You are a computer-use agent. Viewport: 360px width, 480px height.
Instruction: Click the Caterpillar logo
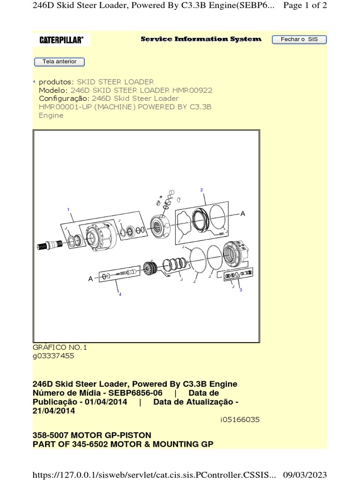point(61,40)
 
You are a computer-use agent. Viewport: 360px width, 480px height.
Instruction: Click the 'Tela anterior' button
point(59,62)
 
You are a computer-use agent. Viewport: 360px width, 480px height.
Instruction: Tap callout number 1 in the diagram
point(68,209)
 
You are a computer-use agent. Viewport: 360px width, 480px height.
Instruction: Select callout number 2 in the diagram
point(202,190)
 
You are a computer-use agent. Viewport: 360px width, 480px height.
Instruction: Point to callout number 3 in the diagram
point(241,290)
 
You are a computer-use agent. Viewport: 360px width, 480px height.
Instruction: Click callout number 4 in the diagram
point(120,294)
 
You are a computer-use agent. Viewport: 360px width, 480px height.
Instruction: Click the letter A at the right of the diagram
point(243,214)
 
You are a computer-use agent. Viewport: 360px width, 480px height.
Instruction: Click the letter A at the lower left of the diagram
point(91,278)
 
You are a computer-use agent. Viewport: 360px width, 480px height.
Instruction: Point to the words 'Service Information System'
point(201,39)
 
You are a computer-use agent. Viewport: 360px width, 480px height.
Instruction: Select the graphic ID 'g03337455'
point(53,356)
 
